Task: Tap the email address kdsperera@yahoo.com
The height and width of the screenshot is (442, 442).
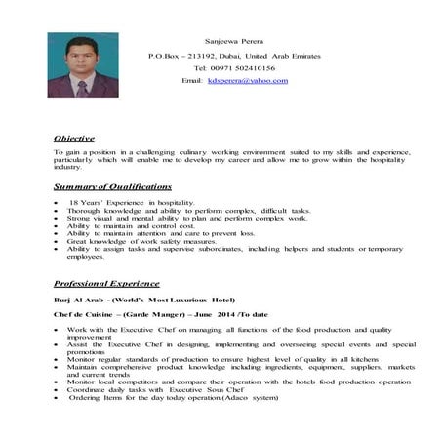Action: point(248,80)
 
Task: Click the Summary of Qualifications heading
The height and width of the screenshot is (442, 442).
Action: point(112,185)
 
